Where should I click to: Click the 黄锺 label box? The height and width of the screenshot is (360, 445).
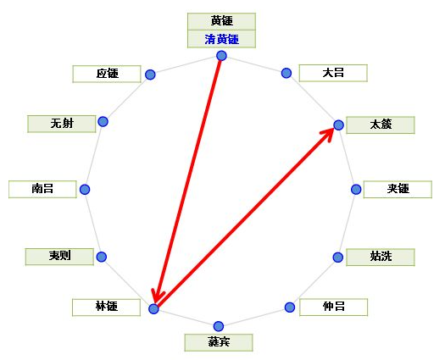tap(221, 21)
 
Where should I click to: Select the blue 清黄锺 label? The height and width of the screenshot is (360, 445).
tap(221, 39)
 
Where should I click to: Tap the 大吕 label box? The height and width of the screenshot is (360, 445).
tap(333, 73)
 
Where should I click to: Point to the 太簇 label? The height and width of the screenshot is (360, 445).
tap(381, 125)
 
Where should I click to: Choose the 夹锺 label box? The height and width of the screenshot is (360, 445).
tap(398, 189)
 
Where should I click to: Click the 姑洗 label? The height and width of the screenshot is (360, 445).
tap(381, 257)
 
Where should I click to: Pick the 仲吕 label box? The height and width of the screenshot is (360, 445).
tap(333, 307)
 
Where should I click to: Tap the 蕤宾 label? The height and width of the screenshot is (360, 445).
tap(219, 342)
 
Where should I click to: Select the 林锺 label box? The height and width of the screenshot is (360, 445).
tap(107, 307)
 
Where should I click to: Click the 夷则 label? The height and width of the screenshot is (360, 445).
tap(59, 257)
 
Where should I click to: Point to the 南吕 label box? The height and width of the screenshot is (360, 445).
tap(42, 189)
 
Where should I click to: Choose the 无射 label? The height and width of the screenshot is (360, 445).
tap(62, 124)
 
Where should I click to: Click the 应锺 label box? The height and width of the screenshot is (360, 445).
tap(107, 74)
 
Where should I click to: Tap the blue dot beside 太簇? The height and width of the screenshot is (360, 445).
tap(338, 125)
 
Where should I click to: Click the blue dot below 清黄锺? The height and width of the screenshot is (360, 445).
tap(221, 56)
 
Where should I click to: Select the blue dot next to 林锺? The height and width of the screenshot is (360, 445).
tap(153, 308)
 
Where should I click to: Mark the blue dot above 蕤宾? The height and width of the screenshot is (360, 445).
tap(219, 326)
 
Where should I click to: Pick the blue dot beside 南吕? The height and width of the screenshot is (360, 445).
tap(85, 189)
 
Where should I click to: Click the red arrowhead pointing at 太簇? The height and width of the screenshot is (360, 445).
tap(328, 134)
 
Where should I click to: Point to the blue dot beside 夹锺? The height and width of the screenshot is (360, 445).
tap(356, 189)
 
